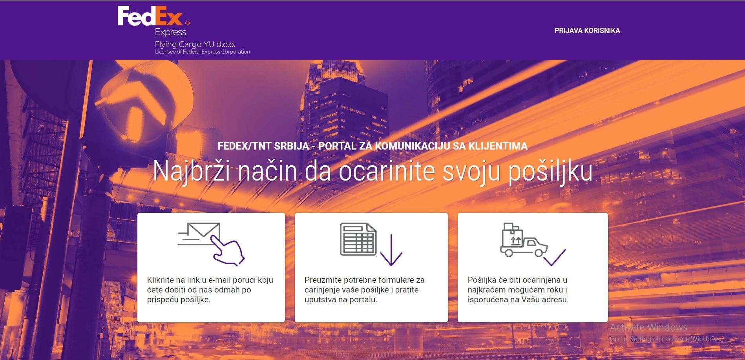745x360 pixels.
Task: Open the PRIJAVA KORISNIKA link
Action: pos(587,31)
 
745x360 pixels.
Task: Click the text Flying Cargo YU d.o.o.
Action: pos(195,44)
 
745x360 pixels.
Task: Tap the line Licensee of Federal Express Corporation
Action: pos(203,52)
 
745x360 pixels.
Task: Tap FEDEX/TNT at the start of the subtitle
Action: pos(244,146)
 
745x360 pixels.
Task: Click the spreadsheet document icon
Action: pos(358,239)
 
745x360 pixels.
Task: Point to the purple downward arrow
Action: pos(391,250)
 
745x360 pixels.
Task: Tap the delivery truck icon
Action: pos(524,240)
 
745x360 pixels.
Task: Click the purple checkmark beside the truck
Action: pos(555,257)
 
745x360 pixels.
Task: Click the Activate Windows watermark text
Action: pos(648,327)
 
